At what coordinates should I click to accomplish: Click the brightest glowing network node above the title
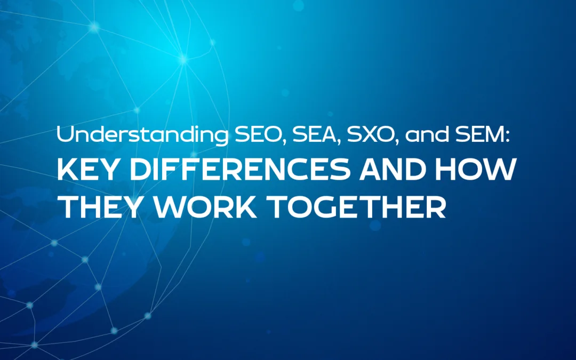point(183,60)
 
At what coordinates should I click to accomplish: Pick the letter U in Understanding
point(64,135)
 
